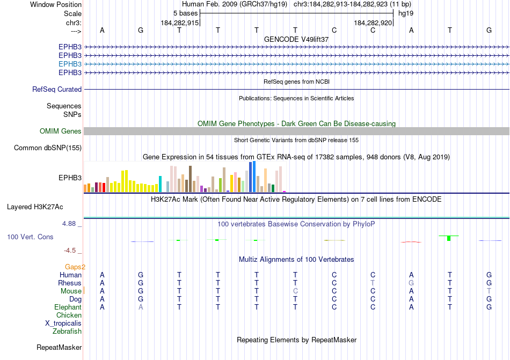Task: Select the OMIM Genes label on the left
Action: pyautogui.click(x=61, y=131)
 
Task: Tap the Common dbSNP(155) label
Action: pyautogui.click(x=48, y=148)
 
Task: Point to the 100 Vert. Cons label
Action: pyautogui.click(x=30, y=237)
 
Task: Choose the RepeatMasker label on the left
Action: pyautogui.click(x=59, y=348)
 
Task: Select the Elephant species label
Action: pyautogui.click(x=68, y=307)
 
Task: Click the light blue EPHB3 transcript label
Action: pyautogui.click(x=70, y=64)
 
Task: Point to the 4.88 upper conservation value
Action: pyautogui.click(x=71, y=224)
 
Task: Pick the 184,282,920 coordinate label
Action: pyautogui.click(x=373, y=23)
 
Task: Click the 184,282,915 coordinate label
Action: pyautogui.click(x=180, y=23)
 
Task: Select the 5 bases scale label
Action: pyautogui.click(x=185, y=13)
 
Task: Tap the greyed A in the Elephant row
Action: pyautogui.click(x=141, y=307)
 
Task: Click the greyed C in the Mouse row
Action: pyautogui.click(x=295, y=291)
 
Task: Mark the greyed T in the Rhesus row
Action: pyautogui.click(x=373, y=283)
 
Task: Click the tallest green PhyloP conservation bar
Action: pyautogui.click(x=448, y=238)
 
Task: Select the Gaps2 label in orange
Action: pyautogui.click(x=75, y=267)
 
